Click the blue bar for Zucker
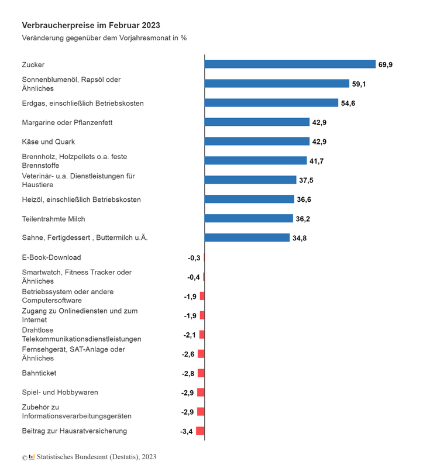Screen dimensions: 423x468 pyautogui.click(x=290, y=64)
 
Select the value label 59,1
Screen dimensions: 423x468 pyautogui.click(x=359, y=84)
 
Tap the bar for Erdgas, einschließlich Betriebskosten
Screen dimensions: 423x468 pyautogui.click(x=271, y=103)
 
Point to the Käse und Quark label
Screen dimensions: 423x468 pyautogui.click(x=49, y=142)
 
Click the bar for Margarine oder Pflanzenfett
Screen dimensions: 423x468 pyautogui.click(x=257, y=122)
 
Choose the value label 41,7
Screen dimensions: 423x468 pyautogui.click(x=317, y=161)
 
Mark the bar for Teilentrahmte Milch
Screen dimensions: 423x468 pyautogui.click(x=249, y=218)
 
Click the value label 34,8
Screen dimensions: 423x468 pyautogui.click(x=300, y=238)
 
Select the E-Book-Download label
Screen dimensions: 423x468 pyautogui.click(x=51, y=257)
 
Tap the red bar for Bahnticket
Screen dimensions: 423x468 pyautogui.click(x=201, y=373)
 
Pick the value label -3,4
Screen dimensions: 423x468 pyautogui.click(x=186, y=432)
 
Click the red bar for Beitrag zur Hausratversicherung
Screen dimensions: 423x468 pyautogui.click(x=200, y=431)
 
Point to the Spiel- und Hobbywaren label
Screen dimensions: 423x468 pyautogui.click(x=60, y=392)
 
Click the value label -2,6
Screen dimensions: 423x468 pyautogui.click(x=188, y=355)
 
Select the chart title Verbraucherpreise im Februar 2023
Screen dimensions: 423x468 pyautogui.click(x=91, y=25)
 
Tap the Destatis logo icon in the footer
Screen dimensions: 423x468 pyautogui.click(x=32, y=457)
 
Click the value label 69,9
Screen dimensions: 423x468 pyautogui.click(x=386, y=65)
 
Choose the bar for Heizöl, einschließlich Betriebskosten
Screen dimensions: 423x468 pyautogui.click(x=249, y=199)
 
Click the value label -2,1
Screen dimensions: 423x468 pyautogui.click(x=190, y=335)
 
